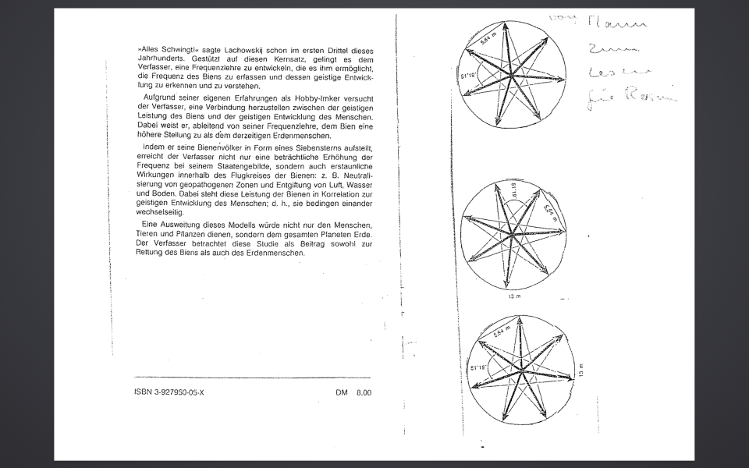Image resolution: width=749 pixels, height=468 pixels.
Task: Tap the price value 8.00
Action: point(364,392)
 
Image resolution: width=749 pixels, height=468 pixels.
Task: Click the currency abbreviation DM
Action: point(342,392)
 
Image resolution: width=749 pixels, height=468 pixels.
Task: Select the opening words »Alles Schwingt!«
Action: point(162,50)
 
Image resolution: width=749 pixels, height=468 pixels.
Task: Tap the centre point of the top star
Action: point(513,75)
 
